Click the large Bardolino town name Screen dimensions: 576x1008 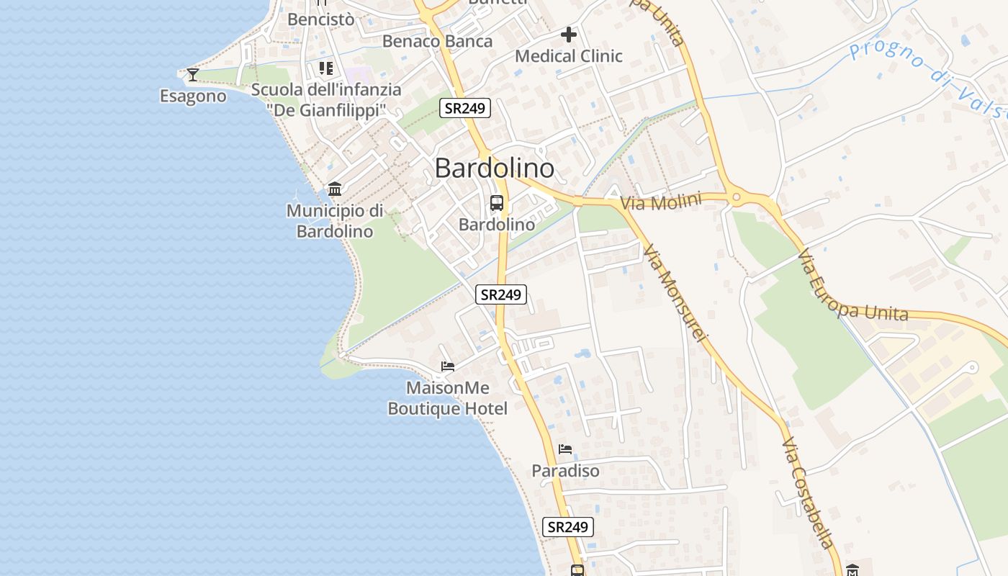(495, 168)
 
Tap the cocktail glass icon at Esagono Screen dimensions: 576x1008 (192, 74)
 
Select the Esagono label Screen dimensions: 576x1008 (193, 96)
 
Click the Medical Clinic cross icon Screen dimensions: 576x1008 (569, 34)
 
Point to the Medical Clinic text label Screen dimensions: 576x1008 (569, 56)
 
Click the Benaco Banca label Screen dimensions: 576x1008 (437, 41)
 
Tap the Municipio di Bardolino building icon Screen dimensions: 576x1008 (335, 189)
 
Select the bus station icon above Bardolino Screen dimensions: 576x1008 (497, 203)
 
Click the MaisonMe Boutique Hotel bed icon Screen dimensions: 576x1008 (448, 366)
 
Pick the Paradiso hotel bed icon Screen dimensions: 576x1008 (565, 449)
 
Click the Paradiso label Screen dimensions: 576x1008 (565, 471)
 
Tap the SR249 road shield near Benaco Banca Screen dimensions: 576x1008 (465, 109)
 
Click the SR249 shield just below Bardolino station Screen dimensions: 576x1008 (501, 294)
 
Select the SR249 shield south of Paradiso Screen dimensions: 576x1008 (568, 527)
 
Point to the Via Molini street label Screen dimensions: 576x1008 (660, 202)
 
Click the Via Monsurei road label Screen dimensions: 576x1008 (675, 292)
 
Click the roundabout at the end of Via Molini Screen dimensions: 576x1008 (737, 196)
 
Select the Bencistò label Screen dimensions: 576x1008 (321, 19)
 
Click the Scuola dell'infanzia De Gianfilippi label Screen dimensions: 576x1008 (326, 99)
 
